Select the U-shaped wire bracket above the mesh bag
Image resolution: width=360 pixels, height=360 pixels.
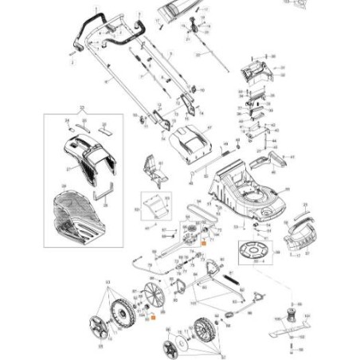pyautogui.click(x=104, y=191)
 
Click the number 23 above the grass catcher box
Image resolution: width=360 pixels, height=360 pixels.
pyautogui.click(x=81, y=106)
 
